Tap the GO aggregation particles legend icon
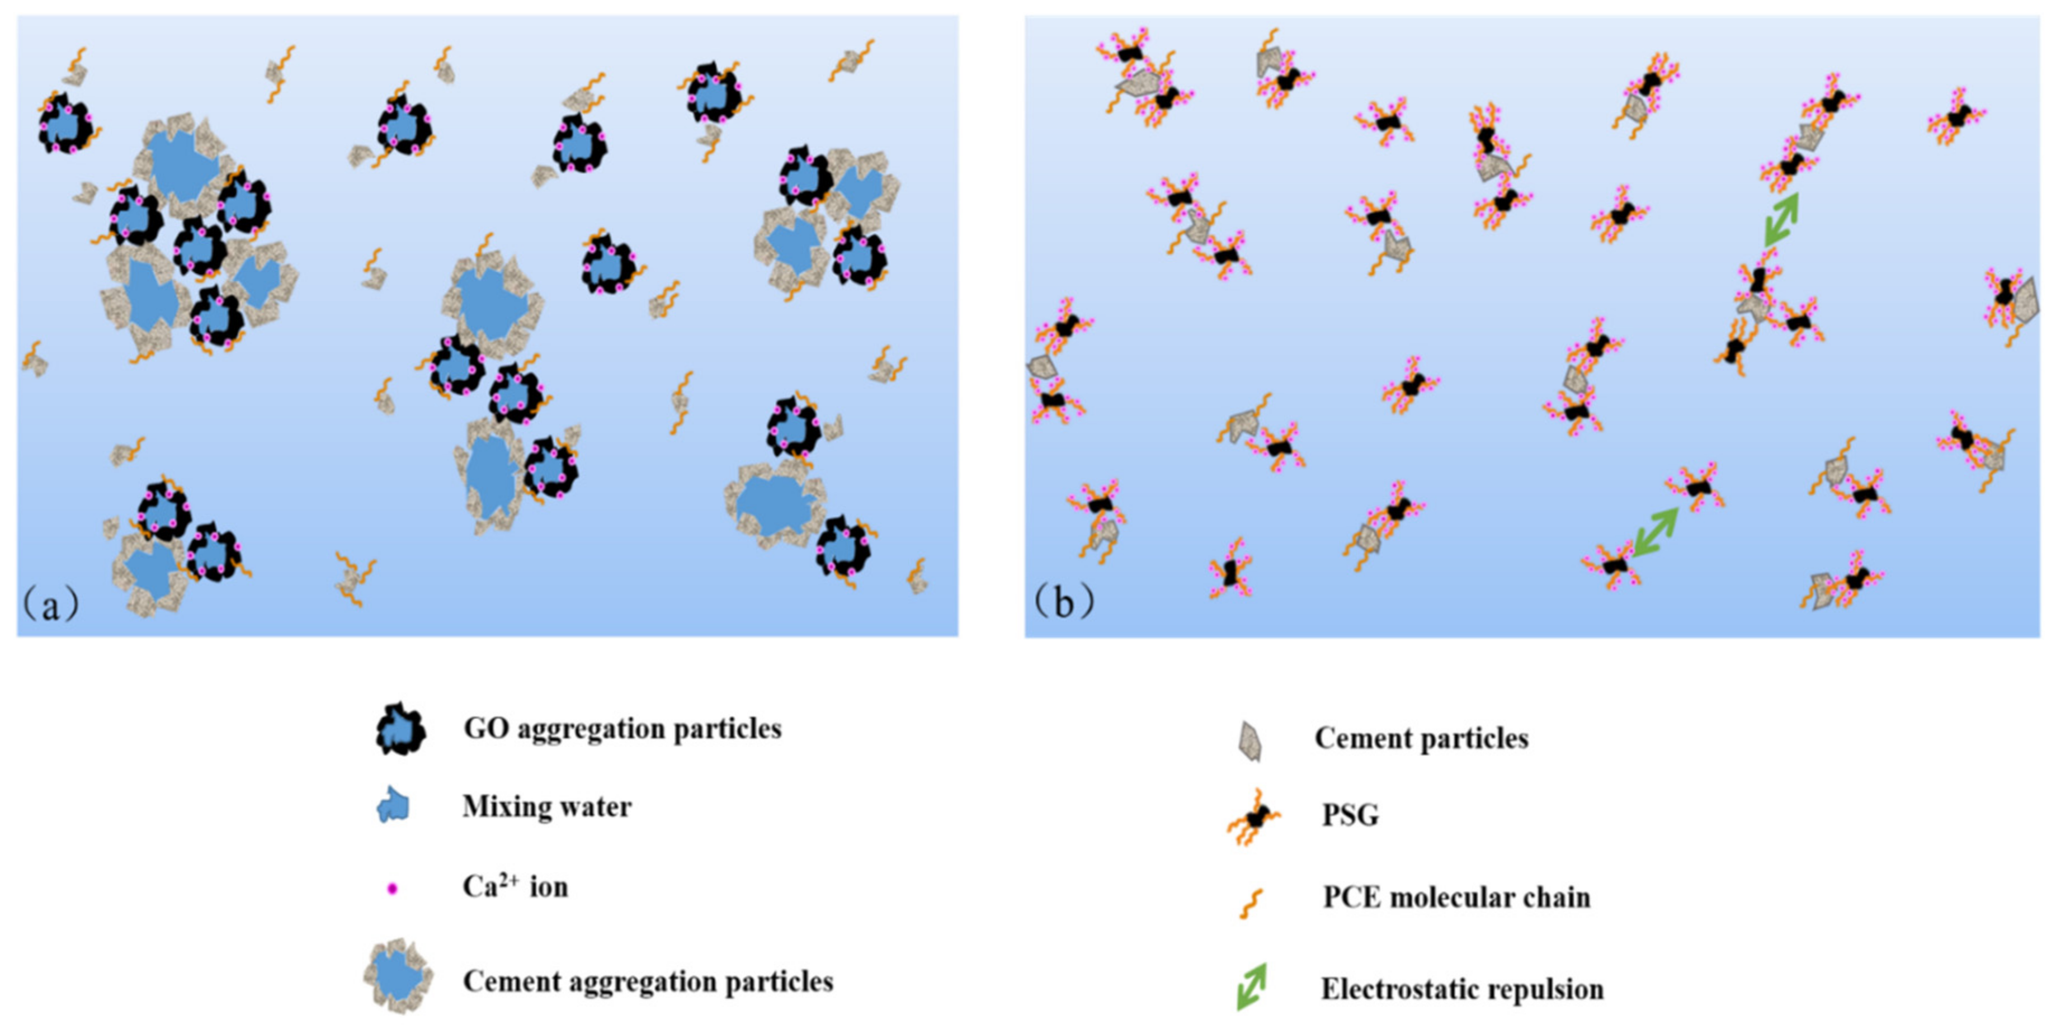(400, 729)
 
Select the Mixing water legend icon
(393, 805)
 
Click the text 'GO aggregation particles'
(623, 729)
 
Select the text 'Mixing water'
(547, 807)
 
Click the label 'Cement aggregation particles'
(648, 981)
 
